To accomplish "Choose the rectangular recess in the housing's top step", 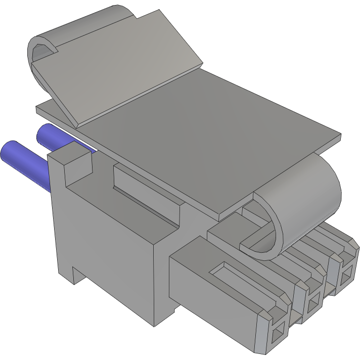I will tap(147, 192).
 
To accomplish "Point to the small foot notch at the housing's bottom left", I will tap(76, 276).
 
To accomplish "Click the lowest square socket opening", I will tap(277, 334).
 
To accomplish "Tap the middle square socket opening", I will tap(313, 303).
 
